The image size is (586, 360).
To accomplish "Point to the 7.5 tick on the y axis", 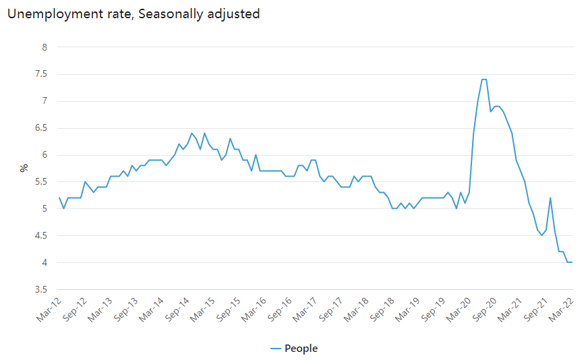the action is coord(41,74).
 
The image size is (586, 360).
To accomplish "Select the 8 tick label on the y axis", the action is coord(45,47).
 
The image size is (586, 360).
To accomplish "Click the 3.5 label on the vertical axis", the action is coord(41,289).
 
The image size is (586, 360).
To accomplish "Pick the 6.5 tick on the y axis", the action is coord(41,128).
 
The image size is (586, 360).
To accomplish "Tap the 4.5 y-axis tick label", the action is coord(41,236).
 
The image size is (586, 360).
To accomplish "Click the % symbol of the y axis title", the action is coord(24,168).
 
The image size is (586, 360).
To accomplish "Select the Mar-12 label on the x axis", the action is coord(49,309).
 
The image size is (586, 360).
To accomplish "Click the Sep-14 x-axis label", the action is coord(177,309).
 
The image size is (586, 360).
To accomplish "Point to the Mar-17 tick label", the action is coord(305,309).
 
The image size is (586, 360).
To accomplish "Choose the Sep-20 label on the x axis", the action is coord(484,309).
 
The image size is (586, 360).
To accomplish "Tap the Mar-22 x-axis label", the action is coord(561,309).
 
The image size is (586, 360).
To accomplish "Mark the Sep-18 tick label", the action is coord(382,309).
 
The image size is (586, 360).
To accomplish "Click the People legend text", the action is coord(301,349).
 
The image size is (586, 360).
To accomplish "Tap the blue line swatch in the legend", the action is coord(275,349).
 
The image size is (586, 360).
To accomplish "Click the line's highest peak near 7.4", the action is coord(484,79).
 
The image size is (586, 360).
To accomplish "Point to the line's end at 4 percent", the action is coord(572,262).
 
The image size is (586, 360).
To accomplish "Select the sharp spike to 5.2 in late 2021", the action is coord(550,198).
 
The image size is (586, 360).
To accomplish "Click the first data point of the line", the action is coord(59,198).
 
